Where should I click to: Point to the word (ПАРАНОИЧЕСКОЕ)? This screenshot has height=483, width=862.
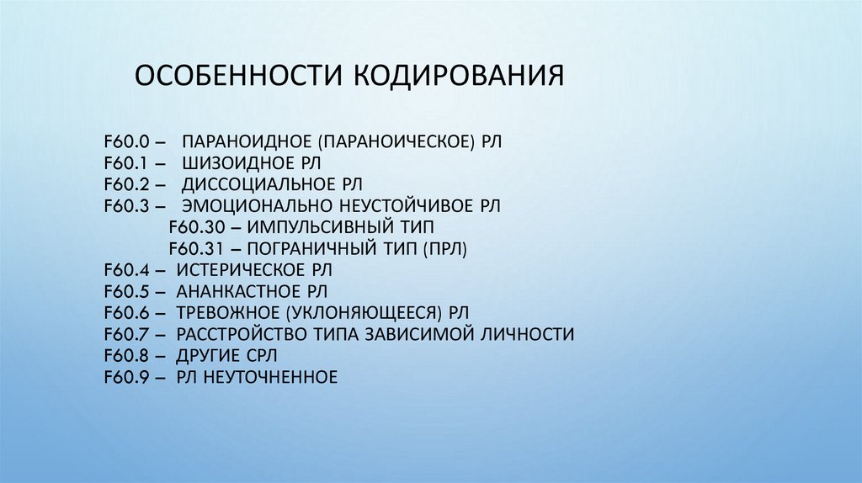coord(396,140)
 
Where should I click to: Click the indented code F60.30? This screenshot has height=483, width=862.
coord(191,227)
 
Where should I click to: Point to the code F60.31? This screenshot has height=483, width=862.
coord(191,249)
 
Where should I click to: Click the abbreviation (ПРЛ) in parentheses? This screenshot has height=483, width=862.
coord(445,249)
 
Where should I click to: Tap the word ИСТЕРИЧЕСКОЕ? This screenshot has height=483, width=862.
coord(239,270)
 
